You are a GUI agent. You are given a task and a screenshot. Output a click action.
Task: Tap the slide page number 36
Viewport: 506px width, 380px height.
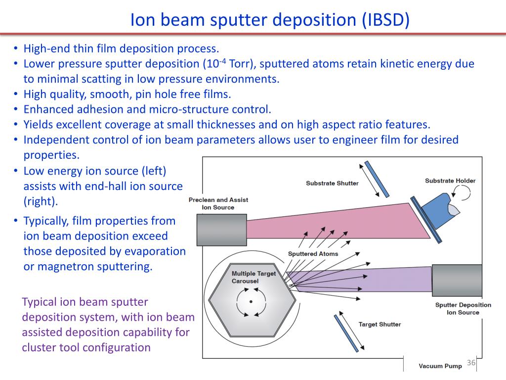point(471,364)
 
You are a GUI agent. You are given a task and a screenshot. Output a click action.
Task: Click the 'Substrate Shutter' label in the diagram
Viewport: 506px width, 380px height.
point(332,183)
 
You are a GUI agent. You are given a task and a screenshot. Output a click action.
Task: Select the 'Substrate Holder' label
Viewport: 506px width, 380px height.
point(450,181)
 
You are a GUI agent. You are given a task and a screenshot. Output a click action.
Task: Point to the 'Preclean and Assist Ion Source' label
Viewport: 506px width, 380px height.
point(218,203)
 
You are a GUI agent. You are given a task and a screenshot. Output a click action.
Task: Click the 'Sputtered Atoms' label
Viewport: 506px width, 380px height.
point(313,254)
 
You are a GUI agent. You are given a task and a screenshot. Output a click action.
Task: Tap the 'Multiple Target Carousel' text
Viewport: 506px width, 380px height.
point(253,277)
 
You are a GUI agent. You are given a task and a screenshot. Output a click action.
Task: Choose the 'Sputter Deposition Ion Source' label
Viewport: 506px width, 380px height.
point(463,308)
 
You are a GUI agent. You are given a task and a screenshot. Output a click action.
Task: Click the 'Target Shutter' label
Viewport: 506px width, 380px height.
point(379,325)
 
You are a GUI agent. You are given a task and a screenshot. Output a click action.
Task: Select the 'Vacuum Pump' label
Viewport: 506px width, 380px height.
point(440,366)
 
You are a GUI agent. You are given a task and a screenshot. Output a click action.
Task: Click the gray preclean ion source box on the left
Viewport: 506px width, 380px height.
point(221,229)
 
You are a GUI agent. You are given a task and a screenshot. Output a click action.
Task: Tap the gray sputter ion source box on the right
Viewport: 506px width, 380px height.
point(457,279)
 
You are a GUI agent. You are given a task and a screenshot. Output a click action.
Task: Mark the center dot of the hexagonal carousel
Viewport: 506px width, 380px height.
point(251,301)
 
